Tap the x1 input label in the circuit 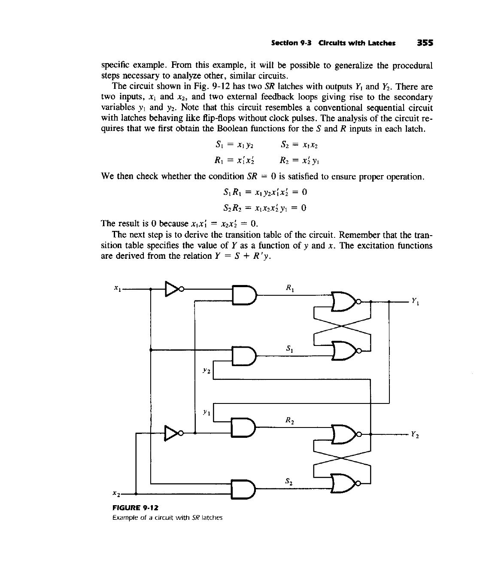(116, 290)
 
